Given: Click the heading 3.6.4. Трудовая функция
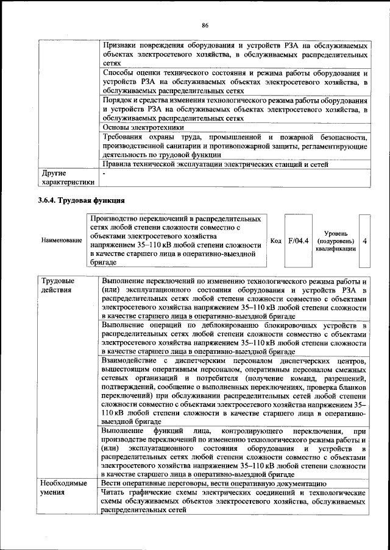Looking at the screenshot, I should click(81, 199).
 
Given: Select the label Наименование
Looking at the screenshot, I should click(62, 241).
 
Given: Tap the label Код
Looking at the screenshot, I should click(275, 241).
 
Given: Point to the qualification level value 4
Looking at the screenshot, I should click(364, 241).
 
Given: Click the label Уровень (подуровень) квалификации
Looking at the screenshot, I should click(336, 241).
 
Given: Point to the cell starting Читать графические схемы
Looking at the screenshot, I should click(234, 500).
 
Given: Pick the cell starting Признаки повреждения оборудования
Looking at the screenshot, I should click(234, 54).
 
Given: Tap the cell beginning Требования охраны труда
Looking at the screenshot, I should click(234, 146).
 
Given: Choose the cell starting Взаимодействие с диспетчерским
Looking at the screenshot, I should click(234, 391).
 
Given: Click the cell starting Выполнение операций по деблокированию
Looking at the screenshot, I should click(234, 339).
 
